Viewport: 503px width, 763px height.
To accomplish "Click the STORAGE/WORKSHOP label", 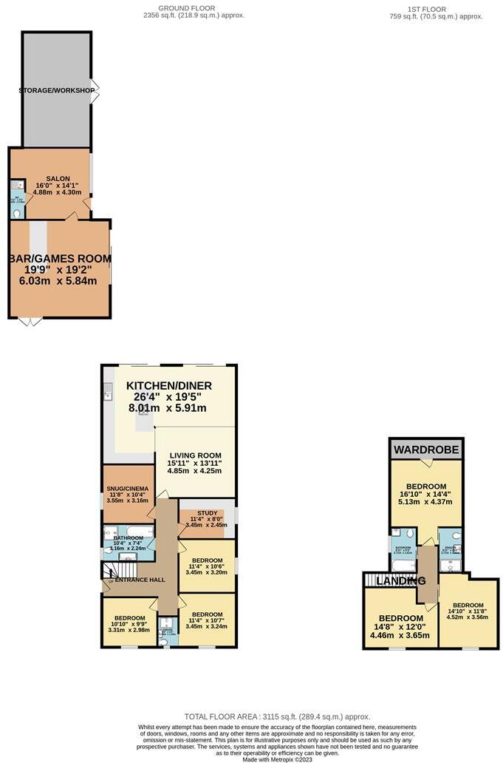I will click(57, 91).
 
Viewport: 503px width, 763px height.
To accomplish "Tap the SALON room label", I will click(57, 179).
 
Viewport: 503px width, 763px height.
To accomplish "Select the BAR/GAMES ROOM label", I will click(60, 259).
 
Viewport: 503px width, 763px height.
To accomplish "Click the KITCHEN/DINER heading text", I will click(169, 386).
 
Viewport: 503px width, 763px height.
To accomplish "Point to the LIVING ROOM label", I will click(195, 455).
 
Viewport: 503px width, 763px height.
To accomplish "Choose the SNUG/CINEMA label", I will click(128, 489).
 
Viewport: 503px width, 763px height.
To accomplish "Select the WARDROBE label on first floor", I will click(426, 450).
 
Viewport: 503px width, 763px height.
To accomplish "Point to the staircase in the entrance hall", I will click(120, 571).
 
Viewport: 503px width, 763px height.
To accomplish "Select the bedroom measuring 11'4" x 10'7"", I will click(206, 619).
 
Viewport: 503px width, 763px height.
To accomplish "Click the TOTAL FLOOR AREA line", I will click(276, 716).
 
